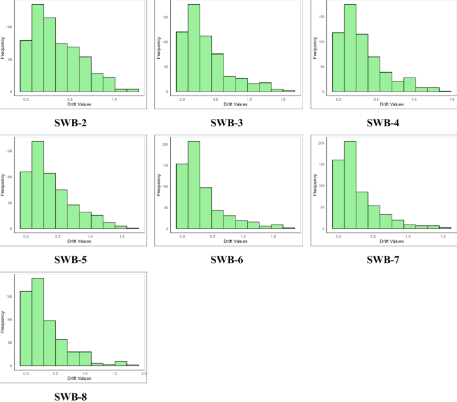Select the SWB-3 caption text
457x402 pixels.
point(229,122)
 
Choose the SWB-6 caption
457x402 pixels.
point(229,259)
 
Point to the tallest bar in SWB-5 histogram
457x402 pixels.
point(38,187)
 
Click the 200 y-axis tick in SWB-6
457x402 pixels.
point(166,144)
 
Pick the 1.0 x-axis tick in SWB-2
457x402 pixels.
point(115,99)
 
